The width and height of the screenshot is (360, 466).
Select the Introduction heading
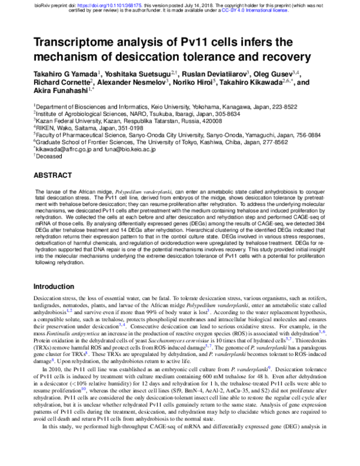click(x=59, y=286)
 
